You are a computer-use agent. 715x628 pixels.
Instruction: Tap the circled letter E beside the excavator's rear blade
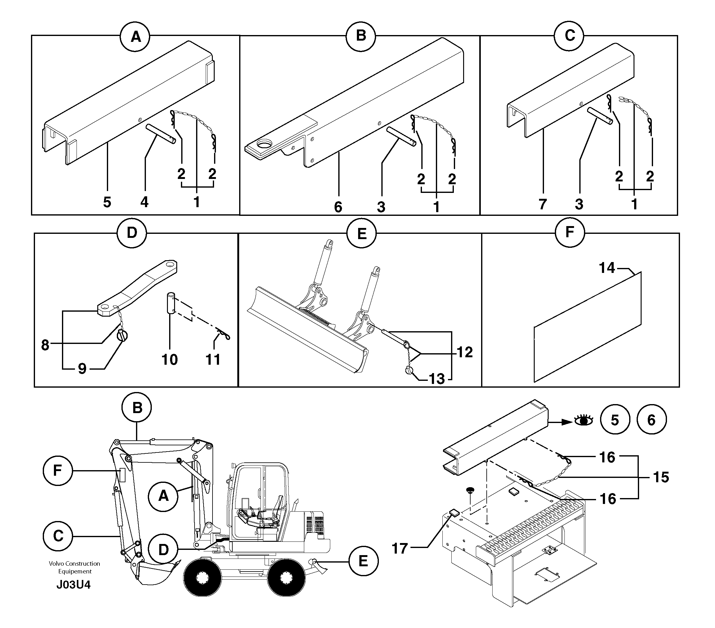[x=363, y=561]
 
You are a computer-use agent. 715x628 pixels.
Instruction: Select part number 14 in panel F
[x=607, y=268]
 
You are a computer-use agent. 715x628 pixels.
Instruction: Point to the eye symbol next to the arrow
[x=583, y=420]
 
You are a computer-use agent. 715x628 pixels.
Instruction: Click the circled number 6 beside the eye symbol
[x=651, y=420]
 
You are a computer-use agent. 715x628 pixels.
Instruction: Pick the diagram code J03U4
[x=73, y=585]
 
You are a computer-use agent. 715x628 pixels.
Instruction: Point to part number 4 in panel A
[x=144, y=202]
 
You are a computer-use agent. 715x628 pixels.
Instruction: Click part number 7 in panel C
[x=542, y=204]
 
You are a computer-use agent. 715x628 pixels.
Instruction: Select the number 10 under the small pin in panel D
[x=170, y=360]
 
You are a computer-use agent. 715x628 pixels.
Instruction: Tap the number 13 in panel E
[x=436, y=379]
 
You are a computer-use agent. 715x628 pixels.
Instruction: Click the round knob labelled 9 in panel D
[x=122, y=336]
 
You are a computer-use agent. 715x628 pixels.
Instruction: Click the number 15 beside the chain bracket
[x=661, y=477]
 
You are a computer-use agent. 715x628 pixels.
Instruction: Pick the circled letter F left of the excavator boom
[x=58, y=470]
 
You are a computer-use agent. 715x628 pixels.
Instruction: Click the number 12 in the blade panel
[x=465, y=352]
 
